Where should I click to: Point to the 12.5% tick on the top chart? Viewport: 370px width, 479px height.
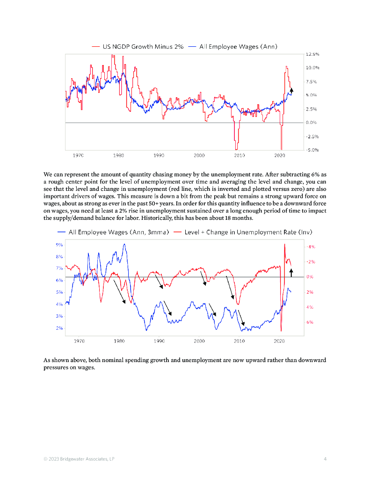(x=312, y=54)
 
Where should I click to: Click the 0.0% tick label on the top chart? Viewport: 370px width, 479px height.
(x=312, y=123)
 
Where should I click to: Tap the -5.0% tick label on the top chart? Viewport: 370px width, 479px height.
(x=312, y=150)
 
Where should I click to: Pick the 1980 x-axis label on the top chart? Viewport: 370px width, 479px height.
(x=118, y=155)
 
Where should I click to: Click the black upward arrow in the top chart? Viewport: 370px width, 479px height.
(x=291, y=90)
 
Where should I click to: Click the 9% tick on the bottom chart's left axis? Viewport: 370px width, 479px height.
(x=59, y=245)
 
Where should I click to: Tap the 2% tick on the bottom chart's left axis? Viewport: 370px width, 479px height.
(x=59, y=328)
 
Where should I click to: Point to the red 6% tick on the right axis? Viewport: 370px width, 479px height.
(x=310, y=322)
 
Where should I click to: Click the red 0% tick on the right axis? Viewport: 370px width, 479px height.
(x=310, y=277)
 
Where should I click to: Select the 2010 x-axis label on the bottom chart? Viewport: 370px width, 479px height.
(x=239, y=341)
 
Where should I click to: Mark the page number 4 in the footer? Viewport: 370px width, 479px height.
(x=325, y=459)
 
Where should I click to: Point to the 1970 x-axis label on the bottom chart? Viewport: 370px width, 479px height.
(x=79, y=341)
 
